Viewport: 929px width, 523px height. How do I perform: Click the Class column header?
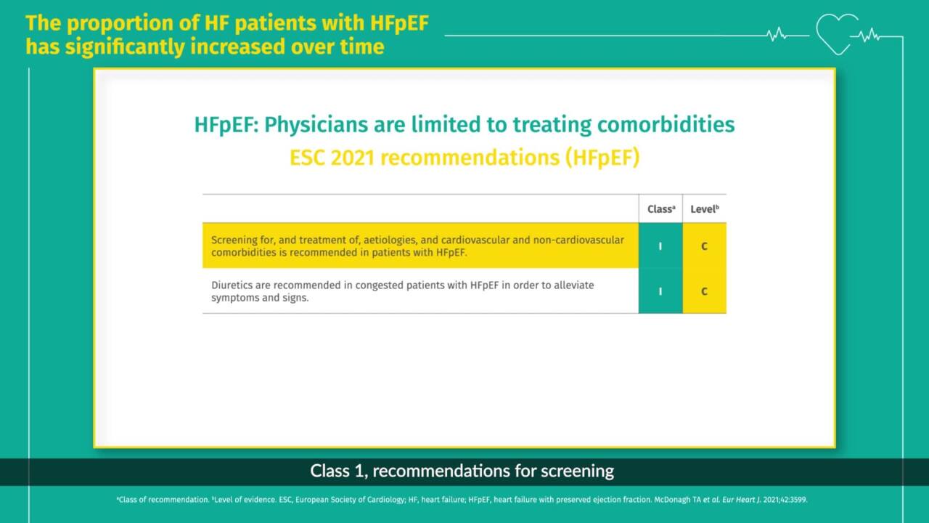coord(661,208)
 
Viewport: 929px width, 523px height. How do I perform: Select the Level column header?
coord(705,208)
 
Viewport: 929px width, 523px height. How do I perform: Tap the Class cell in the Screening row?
coord(660,246)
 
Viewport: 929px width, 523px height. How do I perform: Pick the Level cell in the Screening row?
coord(704,246)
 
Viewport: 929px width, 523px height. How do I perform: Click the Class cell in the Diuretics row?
coord(660,291)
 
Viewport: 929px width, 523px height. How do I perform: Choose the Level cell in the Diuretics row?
coord(704,291)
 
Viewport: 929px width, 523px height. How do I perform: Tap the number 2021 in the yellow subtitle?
coord(353,158)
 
